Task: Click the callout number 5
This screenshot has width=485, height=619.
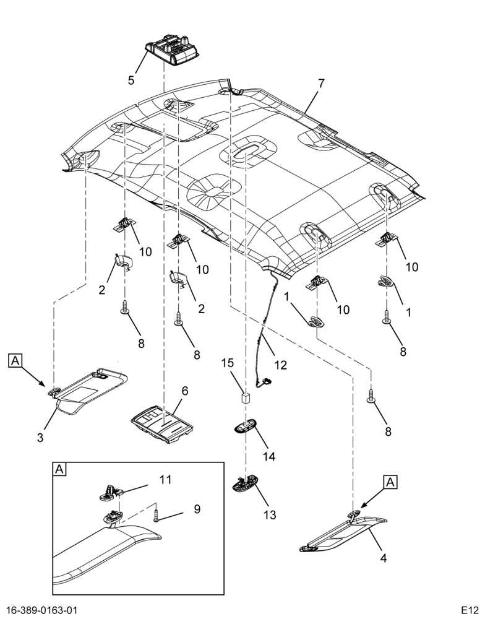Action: coord(131,80)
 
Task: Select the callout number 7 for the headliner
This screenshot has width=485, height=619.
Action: coord(321,84)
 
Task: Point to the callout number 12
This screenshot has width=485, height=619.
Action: coord(281,365)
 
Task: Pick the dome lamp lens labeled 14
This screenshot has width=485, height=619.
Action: coord(246,426)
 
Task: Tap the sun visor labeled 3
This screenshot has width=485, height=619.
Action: coord(88,390)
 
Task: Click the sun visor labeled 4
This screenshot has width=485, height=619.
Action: coord(343,534)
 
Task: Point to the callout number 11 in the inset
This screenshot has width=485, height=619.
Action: coord(165,480)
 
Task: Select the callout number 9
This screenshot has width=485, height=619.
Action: coord(197,509)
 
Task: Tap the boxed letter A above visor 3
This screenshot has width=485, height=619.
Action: coord(15,360)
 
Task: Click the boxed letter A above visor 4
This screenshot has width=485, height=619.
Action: coord(390,482)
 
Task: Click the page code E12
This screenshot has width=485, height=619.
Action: coord(470,610)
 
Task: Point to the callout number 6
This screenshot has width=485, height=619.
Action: coord(185,391)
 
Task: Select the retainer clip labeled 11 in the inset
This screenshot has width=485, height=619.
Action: coord(111,493)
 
